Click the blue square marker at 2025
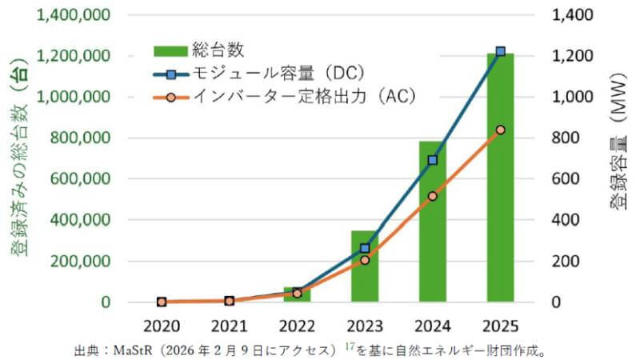pyautogui.click(x=500, y=52)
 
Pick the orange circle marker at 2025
pyautogui.click(x=500, y=130)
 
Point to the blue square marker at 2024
pyautogui.click(x=432, y=160)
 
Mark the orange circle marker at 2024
pyautogui.click(x=432, y=196)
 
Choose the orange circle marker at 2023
pyautogui.click(x=364, y=260)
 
